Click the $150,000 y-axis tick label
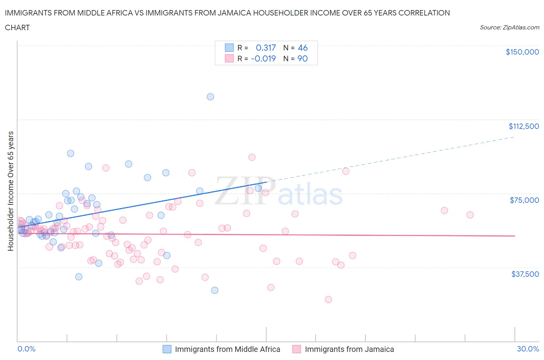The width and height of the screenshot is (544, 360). [522, 52]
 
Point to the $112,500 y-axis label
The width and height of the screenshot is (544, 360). [523, 126]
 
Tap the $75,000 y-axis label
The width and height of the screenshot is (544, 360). [524, 200]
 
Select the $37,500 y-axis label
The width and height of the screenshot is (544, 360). [525, 274]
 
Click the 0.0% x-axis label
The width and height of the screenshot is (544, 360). [26, 349]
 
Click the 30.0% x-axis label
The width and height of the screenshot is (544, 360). [528, 349]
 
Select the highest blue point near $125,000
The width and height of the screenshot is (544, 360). [210, 97]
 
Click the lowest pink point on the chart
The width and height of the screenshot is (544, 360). [328, 299]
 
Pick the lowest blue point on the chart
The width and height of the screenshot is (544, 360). [215, 290]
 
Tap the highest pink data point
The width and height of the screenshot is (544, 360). [252, 157]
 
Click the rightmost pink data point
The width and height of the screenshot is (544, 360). [470, 215]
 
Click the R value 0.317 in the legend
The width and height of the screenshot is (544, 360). [266, 48]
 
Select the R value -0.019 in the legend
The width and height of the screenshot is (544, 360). [263, 58]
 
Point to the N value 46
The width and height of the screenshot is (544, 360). [303, 48]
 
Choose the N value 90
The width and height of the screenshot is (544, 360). [302, 58]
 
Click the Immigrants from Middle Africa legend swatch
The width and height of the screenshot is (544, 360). [167, 349]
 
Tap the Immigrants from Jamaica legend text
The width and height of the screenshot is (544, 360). [349, 349]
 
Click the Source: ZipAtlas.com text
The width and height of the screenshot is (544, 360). [509, 27]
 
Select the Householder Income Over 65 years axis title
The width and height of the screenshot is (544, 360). [11, 191]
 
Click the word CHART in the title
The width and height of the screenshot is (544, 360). [17, 27]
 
